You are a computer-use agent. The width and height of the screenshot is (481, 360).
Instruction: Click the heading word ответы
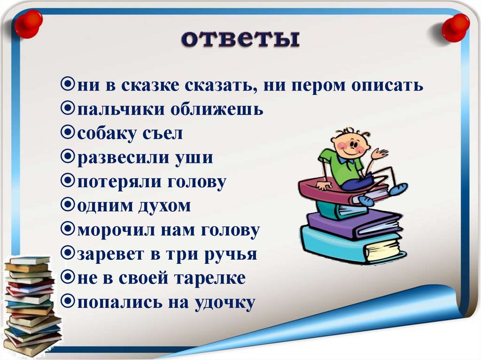(240, 38)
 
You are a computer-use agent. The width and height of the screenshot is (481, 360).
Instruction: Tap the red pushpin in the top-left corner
(28, 23)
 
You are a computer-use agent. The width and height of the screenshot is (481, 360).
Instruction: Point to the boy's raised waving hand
(380, 154)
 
